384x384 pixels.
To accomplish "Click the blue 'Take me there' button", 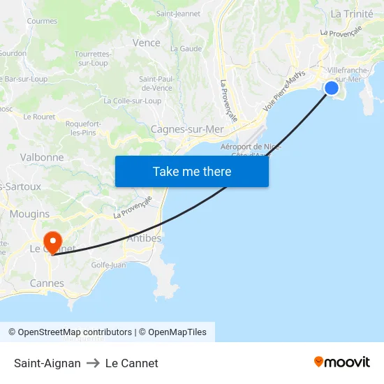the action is click(x=192, y=171).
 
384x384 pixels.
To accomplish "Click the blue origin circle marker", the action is click(x=332, y=87).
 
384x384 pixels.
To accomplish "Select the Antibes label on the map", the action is click(x=145, y=239).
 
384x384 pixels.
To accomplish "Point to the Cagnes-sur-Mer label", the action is click(x=187, y=129).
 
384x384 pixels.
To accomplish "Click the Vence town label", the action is click(x=147, y=43).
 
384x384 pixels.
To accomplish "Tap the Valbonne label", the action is click(x=42, y=158).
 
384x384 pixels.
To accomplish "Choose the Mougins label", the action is click(x=30, y=214).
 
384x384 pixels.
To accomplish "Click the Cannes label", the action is click(x=47, y=283).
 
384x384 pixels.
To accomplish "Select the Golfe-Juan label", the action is click(x=108, y=265).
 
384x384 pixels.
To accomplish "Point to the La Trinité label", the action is click(x=352, y=14).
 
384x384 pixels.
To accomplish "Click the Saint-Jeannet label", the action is click(x=178, y=13).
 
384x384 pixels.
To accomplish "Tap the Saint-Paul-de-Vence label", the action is click(x=156, y=83).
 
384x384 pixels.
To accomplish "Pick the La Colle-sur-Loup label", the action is click(x=132, y=101).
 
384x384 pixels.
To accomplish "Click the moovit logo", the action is click(x=341, y=362).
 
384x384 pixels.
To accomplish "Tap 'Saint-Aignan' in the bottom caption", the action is click(x=47, y=363).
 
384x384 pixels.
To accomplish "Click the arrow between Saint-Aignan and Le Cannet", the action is click(x=93, y=363).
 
